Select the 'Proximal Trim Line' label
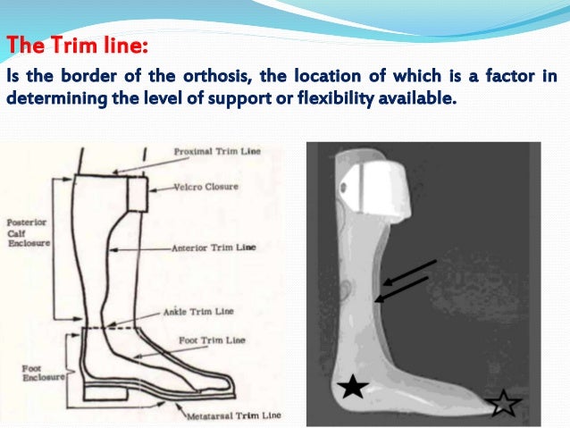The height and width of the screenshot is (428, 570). point(217,151)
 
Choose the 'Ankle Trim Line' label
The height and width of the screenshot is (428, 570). point(198,312)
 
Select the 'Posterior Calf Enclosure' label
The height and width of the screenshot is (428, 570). point(26,231)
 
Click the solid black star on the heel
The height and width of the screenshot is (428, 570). point(353,387)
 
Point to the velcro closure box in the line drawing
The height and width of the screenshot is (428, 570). point(137,192)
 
